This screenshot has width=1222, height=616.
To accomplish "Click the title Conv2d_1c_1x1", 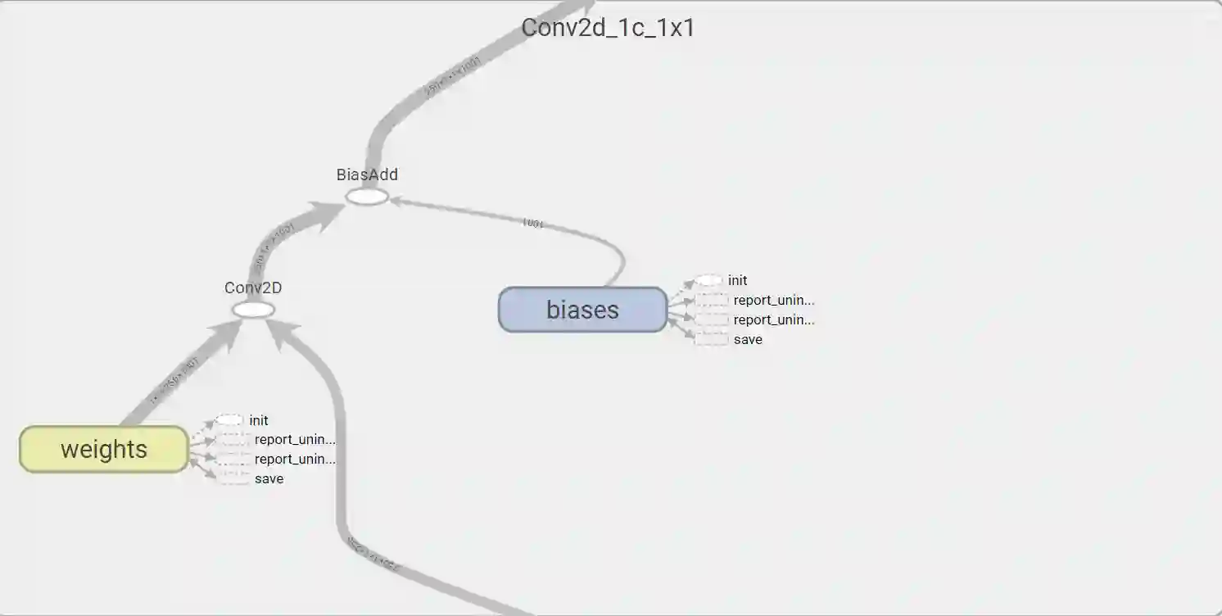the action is click(608, 27).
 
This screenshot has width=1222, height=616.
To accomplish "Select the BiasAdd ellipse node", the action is click(366, 197).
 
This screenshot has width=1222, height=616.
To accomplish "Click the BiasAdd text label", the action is click(367, 174).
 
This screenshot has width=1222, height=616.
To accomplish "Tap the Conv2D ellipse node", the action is click(253, 310).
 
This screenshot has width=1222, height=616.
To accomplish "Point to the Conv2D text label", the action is click(253, 288).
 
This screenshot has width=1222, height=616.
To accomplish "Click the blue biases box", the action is click(582, 310).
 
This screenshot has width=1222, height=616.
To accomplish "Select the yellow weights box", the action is click(104, 449).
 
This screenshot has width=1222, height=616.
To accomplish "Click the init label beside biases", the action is click(738, 280).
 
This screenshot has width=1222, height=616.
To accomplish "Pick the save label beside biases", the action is click(748, 339).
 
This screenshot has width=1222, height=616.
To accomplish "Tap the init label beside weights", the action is click(259, 420).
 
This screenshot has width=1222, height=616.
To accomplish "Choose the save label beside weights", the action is click(269, 478).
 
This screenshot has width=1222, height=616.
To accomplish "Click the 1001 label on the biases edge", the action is click(532, 223).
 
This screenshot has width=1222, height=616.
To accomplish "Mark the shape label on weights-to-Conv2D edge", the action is click(174, 382).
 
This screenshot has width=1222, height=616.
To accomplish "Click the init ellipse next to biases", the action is click(709, 280).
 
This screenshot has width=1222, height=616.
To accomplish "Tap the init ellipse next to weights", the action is click(230, 420).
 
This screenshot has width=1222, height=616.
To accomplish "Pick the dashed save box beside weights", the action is click(234, 478).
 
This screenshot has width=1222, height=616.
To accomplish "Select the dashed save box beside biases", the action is click(711, 339).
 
